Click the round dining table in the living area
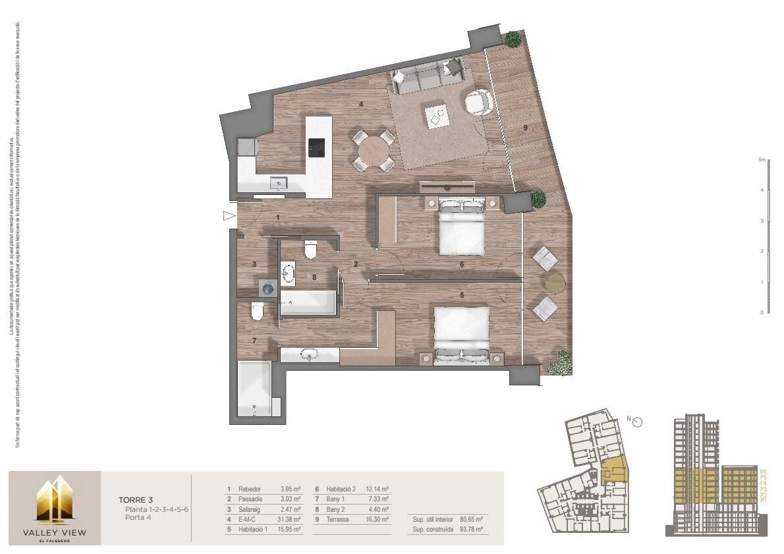pyautogui.click(x=372, y=150)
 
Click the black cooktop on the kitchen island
pyautogui.click(x=317, y=147)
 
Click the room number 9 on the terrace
pyautogui.click(x=526, y=128)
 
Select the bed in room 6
pyautogui.click(x=462, y=227)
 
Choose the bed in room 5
pyautogui.click(x=462, y=333)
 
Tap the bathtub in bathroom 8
pyautogui.click(x=308, y=304)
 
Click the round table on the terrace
pyautogui.click(x=555, y=283)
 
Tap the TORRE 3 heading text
pyautogui.click(x=135, y=500)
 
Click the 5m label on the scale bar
pyautogui.click(x=760, y=160)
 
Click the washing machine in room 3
pyautogui.click(x=267, y=287)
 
